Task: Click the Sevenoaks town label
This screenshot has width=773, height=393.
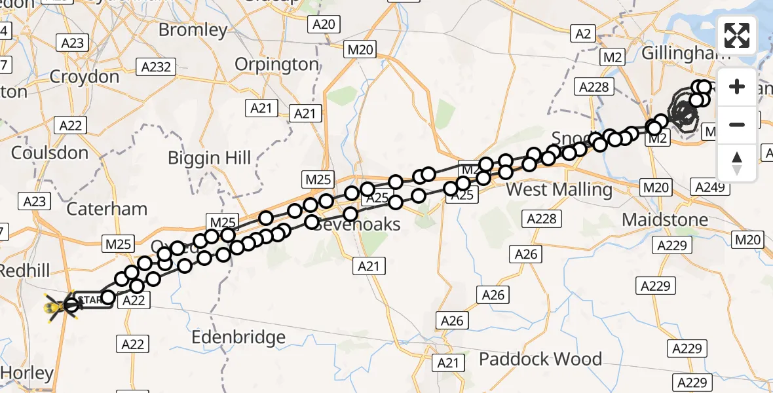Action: (357, 224)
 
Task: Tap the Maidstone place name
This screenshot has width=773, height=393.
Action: (665, 219)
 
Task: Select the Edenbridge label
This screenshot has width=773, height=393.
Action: (238, 337)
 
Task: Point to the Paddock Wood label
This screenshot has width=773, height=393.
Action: (540, 359)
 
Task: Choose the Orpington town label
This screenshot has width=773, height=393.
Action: (276, 64)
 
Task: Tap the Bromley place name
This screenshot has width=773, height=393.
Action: (193, 29)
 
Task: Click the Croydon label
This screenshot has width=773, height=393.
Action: (85, 77)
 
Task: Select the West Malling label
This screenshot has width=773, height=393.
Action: (559, 190)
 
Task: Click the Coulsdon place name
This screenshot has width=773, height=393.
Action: (49, 153)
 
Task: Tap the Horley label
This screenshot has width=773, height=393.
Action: (27, 373)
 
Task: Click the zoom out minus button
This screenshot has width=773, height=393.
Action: (737, 124)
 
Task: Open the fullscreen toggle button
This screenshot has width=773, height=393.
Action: (737, 35)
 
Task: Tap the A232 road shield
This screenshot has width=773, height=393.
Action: (157, 66)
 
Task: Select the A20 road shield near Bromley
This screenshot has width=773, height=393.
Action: (323, 25)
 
